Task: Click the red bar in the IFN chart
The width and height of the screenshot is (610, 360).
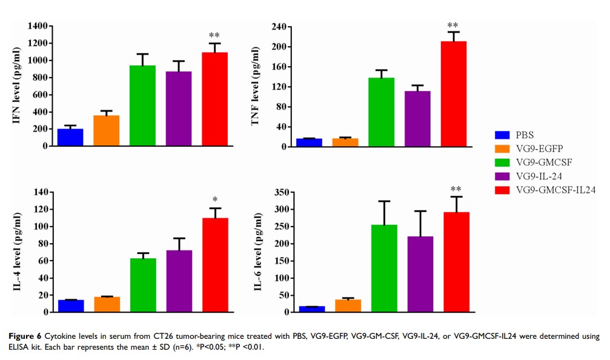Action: click(x=214, y=99)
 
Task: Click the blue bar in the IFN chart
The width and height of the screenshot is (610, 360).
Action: click(x=70, y=138)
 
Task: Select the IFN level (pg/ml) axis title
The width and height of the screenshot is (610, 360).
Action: click(x=16, y=86)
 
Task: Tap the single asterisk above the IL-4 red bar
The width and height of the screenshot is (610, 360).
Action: click(x=214, y=199)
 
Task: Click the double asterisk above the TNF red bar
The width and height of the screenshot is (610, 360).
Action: click(x=453, y=26)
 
